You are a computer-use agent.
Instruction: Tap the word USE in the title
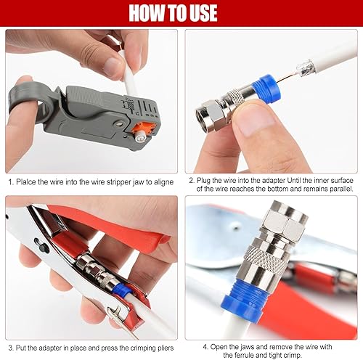203,13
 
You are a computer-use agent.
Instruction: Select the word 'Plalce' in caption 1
26,182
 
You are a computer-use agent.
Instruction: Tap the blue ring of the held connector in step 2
267,89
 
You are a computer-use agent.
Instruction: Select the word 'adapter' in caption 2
274,181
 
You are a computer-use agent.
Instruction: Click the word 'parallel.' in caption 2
341,189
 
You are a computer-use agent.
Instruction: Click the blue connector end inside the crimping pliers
121,289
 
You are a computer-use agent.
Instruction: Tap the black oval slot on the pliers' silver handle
41,245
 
